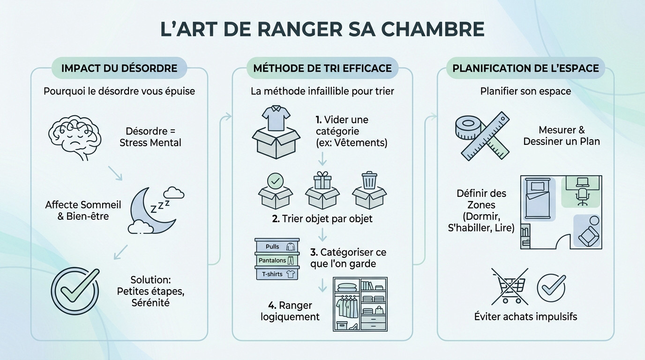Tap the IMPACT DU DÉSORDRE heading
coord(119,68)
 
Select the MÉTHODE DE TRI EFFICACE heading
coord(322,68)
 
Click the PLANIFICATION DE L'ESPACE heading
coord(525,68)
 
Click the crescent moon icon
coord(148,211)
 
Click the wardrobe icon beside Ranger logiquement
coord(360,304)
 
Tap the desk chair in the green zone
coord(582,196)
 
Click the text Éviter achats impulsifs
coord(525,316)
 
